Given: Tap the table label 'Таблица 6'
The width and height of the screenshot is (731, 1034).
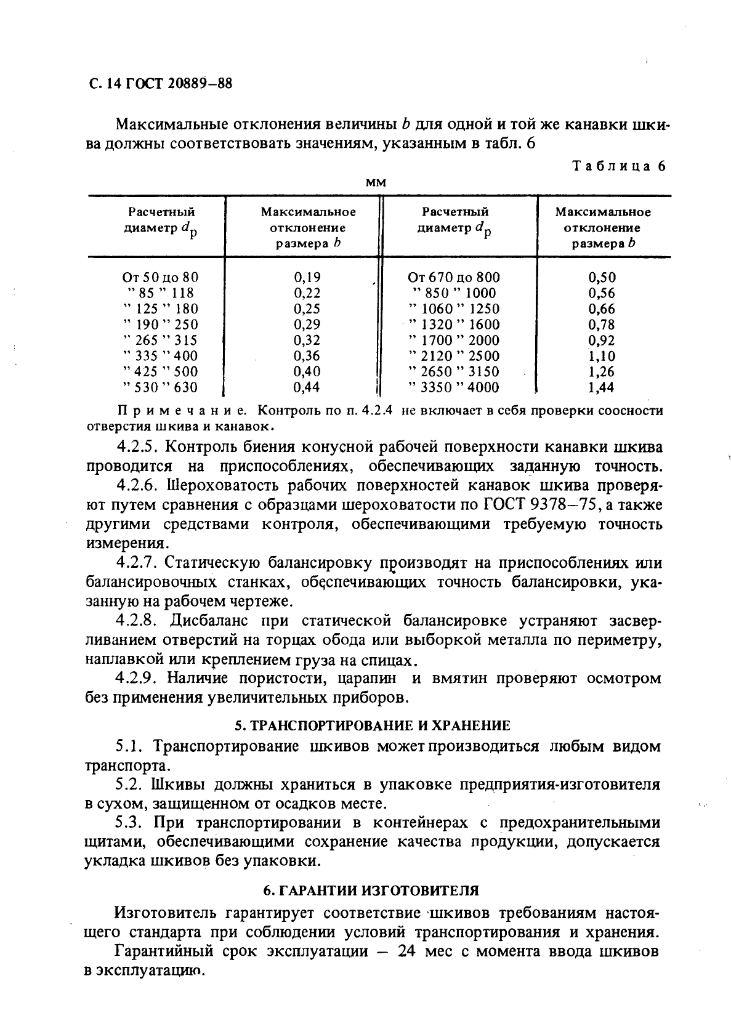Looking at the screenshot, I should [x=619, y=166].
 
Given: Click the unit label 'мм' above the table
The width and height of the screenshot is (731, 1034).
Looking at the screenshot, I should [x=376, y=183].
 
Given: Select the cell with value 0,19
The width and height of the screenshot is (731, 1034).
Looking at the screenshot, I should [x=307, y=277].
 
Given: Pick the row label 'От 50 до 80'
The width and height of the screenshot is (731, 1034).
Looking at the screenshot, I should [x=161, y=277].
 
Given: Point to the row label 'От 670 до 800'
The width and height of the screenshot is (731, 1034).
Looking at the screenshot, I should [x=454, y=277].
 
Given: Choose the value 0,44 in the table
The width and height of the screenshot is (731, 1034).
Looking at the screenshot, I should [x=307, y=387].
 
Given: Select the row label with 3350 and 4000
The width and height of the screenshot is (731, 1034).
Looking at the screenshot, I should [x=454, y=387].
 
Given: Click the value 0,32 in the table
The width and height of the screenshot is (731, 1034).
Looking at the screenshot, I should [x=307, y=340].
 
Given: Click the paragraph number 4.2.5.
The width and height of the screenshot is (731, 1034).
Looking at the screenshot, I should [x=137, y=446].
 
